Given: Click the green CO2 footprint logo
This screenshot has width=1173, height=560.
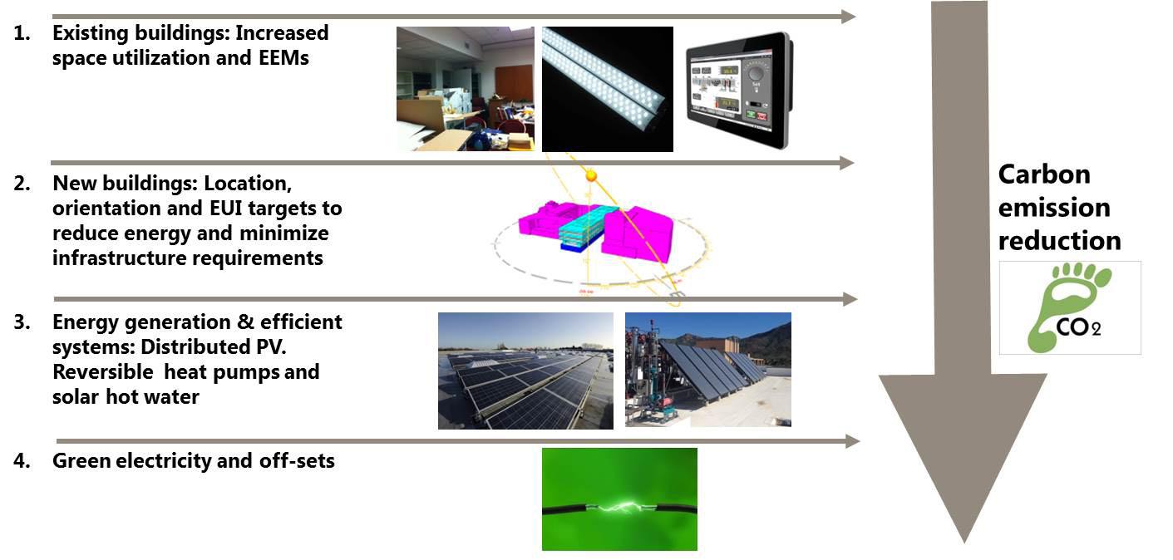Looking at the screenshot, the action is pyautogui.click(x=1069, y=308).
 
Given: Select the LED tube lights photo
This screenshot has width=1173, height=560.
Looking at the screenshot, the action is pyautogui.click(x=607, y=89).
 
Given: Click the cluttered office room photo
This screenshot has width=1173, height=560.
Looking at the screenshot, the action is pyautogui.click(x=465, y=89).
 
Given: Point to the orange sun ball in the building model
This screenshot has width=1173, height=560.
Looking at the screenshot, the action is pyautogui.click(x=591, y=176).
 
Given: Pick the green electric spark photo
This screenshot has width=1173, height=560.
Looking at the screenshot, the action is pyautogui.click(x=619, y=499).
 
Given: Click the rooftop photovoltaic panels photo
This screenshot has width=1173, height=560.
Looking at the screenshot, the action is pyautogui.click(x=525, y=371).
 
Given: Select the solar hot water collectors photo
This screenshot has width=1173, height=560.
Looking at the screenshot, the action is pyautogui.click(x=707, y=370).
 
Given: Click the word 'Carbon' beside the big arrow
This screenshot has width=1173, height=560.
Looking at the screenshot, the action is pyautogui.click(x=1044, y=174).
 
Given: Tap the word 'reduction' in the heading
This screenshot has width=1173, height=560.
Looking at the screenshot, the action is pyautogui.click(x=1059, y=241).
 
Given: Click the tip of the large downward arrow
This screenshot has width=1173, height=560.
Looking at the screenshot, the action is pyautogui.click(x=964, y=540).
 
